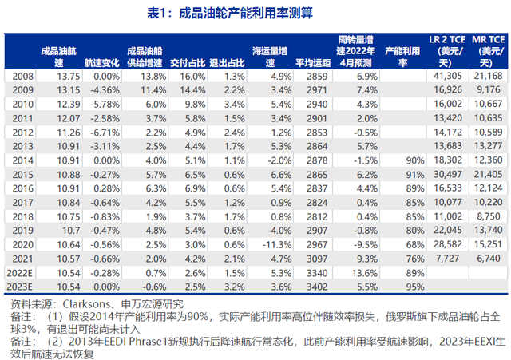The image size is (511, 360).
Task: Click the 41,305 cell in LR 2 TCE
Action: click(x=443, y=75)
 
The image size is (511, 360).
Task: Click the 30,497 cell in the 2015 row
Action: click(x=443, y=174)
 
